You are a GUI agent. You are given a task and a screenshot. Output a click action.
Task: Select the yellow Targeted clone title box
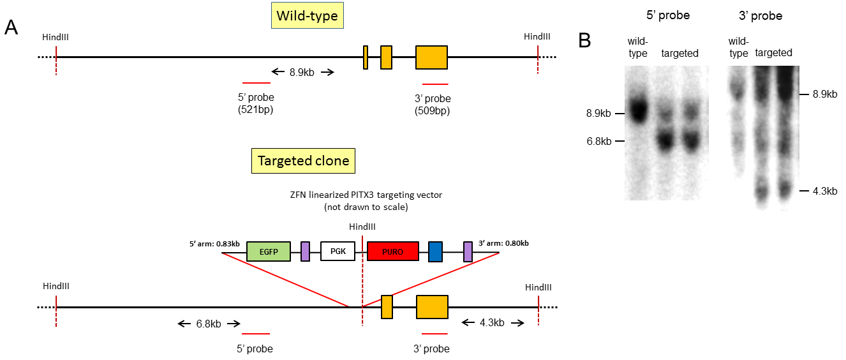(302, 161)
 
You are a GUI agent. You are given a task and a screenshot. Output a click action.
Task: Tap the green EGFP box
(268, 251)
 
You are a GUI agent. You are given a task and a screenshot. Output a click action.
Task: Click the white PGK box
(338, 251)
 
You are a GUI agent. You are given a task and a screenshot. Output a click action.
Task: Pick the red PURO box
(393, 251)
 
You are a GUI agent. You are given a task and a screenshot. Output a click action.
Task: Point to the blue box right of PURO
(435, 251)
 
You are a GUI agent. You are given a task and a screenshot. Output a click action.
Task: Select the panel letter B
(584, 40)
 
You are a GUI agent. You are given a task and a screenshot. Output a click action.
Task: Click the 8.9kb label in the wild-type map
(302, 72)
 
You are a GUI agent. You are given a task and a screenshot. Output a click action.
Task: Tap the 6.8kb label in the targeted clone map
(208, 324)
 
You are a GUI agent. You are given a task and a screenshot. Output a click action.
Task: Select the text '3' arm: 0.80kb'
(503, 243)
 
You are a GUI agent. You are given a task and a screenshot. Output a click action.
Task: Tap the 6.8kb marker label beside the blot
(598, 141)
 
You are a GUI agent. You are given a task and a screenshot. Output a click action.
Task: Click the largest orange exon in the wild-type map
(431, 57)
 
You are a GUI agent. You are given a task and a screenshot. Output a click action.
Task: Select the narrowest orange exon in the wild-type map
(365, 57)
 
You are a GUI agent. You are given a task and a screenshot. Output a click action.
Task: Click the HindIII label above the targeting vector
(362, 227)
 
